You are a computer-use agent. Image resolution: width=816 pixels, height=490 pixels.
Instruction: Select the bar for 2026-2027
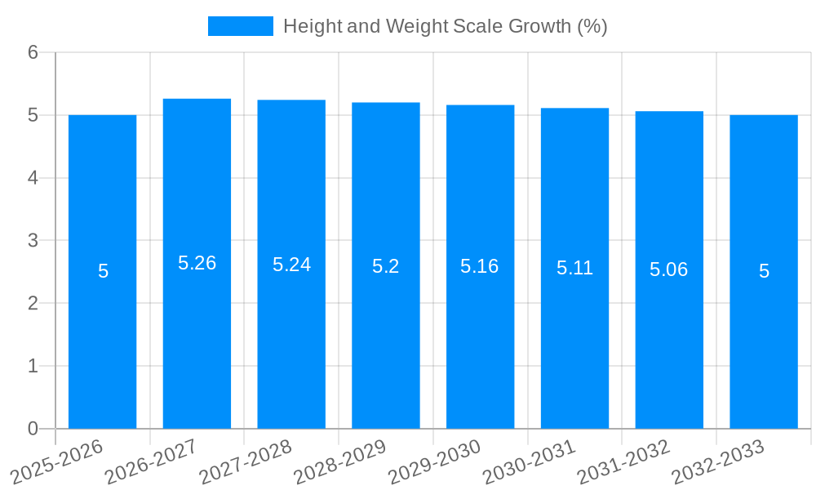[197, 343]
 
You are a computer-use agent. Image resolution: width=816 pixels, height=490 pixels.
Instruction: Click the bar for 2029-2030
[480, 343]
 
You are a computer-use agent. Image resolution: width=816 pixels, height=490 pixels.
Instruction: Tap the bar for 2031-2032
[669, 343]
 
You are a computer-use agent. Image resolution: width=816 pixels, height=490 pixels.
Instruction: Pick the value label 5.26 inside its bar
[197, 263]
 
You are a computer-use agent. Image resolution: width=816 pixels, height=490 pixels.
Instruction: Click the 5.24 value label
[291, 265]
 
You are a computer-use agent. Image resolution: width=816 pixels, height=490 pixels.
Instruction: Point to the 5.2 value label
[385, 266]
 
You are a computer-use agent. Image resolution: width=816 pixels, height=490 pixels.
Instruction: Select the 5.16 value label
[480, 266]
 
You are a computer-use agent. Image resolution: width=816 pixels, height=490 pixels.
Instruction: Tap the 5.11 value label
[574, 268]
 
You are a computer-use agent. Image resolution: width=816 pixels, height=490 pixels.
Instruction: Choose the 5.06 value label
[669, 269]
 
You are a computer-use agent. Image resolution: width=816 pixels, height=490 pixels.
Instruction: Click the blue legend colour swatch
[241, 26]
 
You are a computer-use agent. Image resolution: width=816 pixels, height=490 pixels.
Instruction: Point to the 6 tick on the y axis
[33, 52]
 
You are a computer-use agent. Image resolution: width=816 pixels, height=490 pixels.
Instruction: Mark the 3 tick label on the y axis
[33, 240]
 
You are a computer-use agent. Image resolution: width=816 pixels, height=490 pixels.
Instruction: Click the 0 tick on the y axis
[33, 429]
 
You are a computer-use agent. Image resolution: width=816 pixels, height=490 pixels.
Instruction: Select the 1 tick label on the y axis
[33, 366]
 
